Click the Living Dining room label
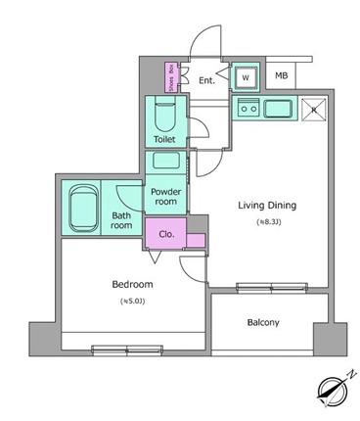click(x=267, y=206)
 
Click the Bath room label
click(x=121, y=219)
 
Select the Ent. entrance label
click(x=207, y=81)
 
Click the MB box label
click(x=281, y=75)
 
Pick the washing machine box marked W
click(x=246, y=76)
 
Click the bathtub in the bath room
click(x=79, y=206)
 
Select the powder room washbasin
click(x=164, y=163)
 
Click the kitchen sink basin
click(x=279, y=109)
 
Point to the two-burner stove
click(x=246, y=109)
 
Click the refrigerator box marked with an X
click(x=314, y=109)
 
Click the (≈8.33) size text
click(x=270, y=222)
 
